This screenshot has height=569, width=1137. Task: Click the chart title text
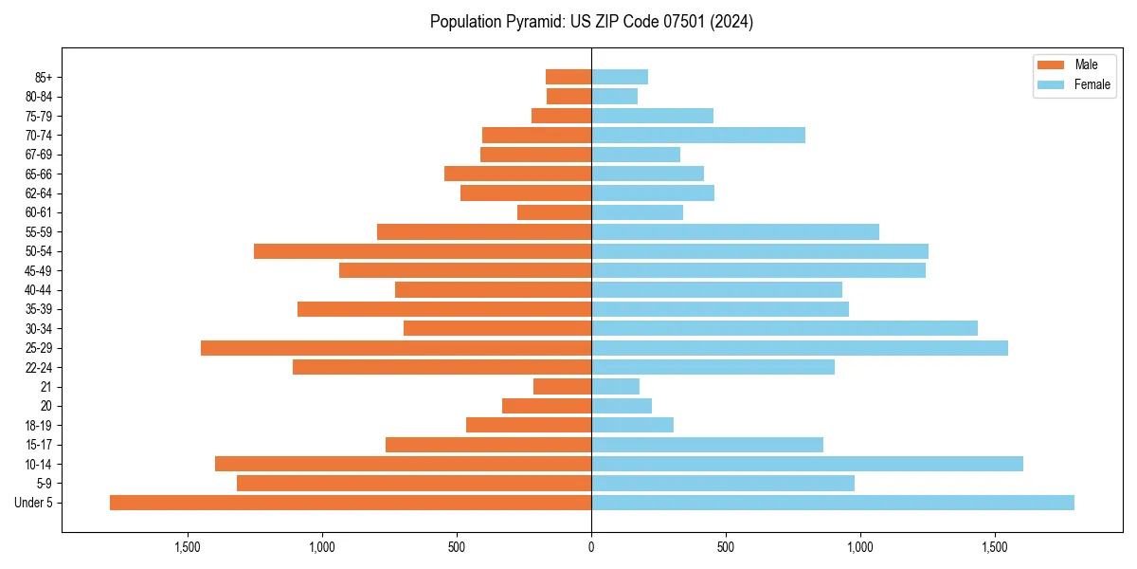point(591,22)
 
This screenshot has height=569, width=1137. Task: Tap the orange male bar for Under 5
point(351,503)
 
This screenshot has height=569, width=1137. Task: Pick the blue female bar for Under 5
point(833,503)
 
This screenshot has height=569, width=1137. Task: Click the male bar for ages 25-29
point(396,348)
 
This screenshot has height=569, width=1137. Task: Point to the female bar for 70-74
point(698,136)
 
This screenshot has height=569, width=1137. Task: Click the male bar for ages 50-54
point(423,251)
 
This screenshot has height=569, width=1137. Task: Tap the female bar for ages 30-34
point(785,328)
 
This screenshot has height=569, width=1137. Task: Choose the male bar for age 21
point(563,387)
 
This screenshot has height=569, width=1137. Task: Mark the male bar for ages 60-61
point(554,212)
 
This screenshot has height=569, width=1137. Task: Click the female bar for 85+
point(620,77)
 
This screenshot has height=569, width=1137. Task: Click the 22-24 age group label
point(38,367)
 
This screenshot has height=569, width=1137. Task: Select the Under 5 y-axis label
point(33,503)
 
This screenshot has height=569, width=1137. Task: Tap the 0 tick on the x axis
point(591,547)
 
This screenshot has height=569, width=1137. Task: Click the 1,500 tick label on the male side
point(188,547)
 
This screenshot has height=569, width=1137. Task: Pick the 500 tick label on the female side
point(726,547)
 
